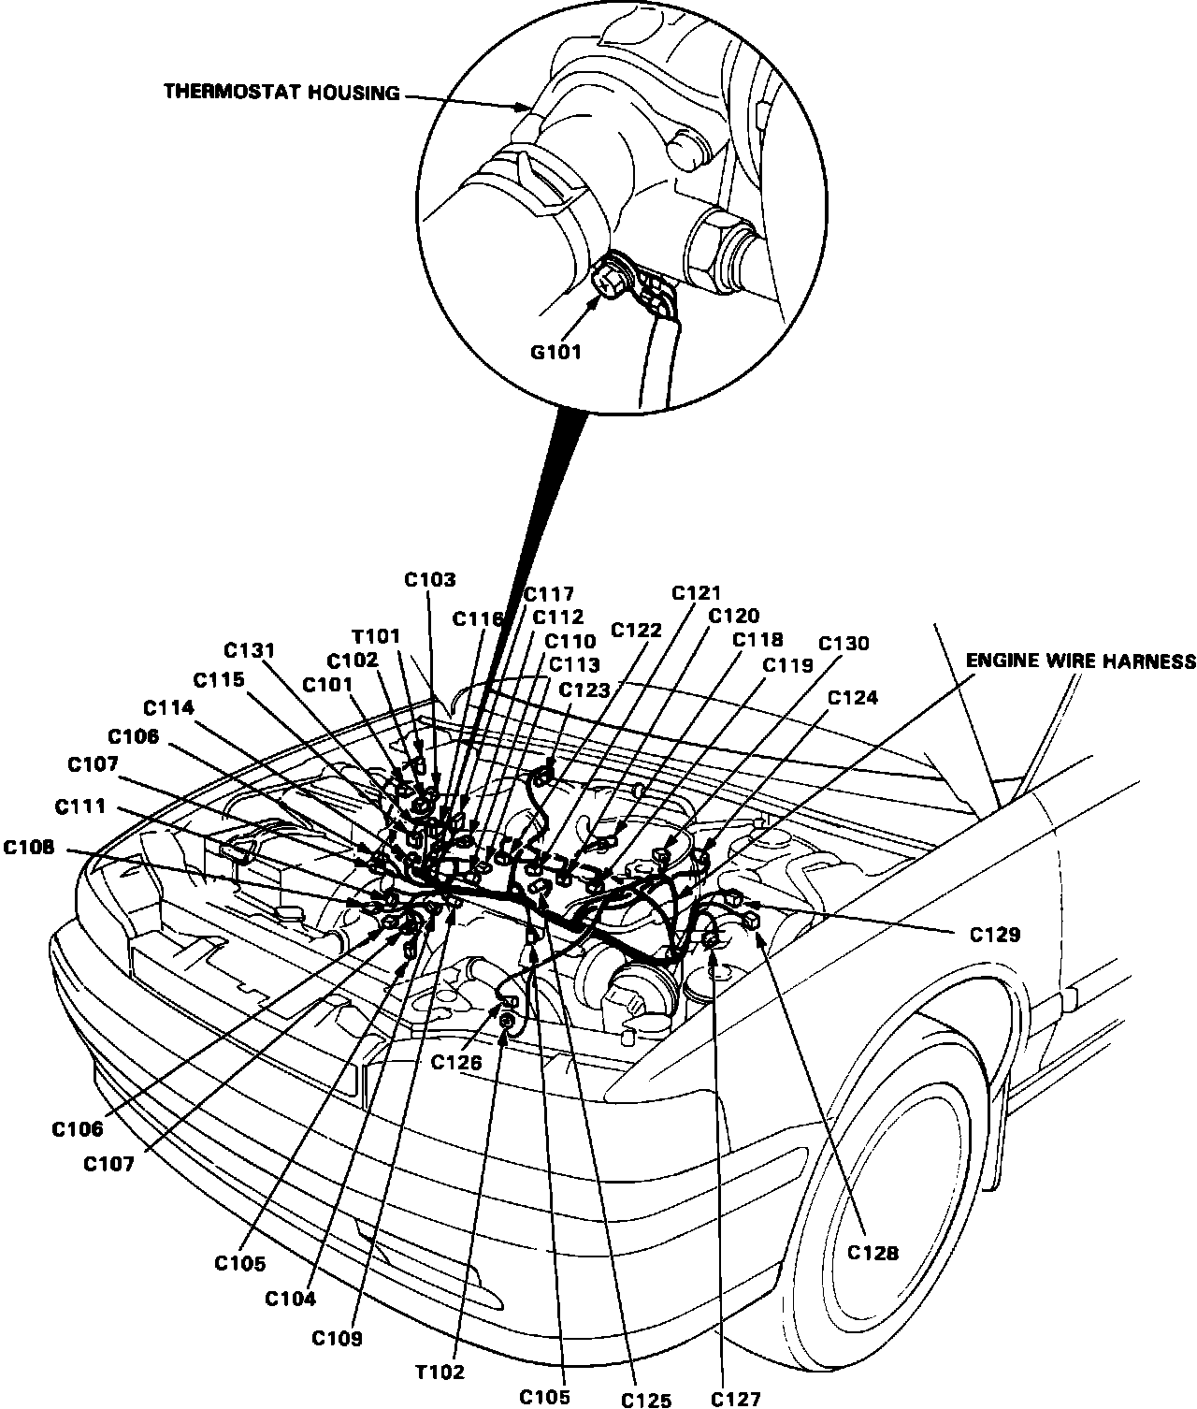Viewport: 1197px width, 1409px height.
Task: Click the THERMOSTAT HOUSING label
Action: (281, 92)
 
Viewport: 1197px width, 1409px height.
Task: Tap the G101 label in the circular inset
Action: (556, 353)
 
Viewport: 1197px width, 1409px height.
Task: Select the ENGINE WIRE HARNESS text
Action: (1080, 661)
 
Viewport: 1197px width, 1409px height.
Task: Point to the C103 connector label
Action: (430, 580)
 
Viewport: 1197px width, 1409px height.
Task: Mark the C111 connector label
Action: (79, 806)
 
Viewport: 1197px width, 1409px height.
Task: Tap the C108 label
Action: (28, 849)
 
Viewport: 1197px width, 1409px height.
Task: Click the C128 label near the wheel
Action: (873, 1253)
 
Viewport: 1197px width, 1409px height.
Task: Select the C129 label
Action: (994, 934)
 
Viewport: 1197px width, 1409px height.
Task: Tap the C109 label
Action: (338, 1338)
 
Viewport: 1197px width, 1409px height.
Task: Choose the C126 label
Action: (456, 1062)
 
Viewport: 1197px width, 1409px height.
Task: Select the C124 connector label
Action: (853, 697)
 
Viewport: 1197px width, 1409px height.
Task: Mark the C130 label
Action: (844, 644)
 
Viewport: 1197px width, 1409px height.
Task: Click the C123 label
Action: (584, 690)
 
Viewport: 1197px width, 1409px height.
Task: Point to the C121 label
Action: (697, 593)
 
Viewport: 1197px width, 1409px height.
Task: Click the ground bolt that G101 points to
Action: (609, 278)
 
